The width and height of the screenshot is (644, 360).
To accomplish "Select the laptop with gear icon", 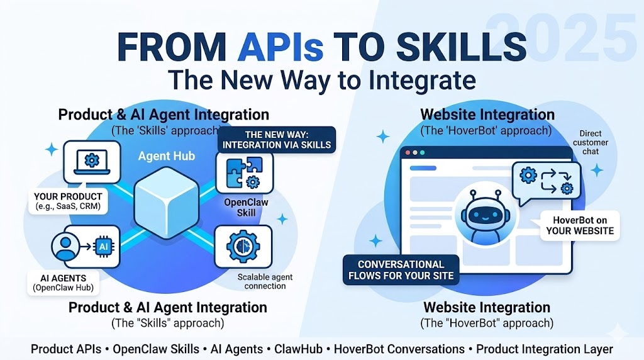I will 92,162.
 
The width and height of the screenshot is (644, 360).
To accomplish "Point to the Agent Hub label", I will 167,155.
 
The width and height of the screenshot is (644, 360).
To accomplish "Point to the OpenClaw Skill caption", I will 247,207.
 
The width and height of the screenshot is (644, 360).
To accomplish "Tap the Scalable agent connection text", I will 265,281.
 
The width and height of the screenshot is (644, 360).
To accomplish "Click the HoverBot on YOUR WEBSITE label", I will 580,225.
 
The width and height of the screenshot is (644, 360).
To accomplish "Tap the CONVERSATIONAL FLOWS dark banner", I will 401,269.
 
